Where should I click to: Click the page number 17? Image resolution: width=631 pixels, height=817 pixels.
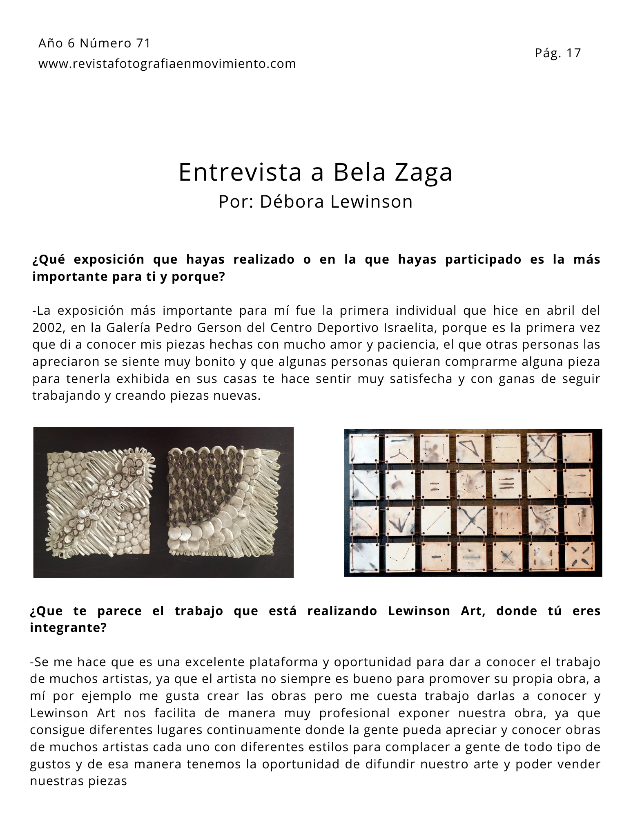[573, 53]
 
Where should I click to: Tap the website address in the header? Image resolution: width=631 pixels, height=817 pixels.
[167, 64]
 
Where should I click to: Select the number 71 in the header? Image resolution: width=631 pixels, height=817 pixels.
[143, 43]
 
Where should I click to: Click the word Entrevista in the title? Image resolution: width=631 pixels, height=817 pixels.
[240, 172]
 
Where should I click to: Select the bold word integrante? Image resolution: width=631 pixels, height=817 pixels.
[68, 628]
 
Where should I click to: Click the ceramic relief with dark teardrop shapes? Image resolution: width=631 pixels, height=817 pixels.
[224, 502]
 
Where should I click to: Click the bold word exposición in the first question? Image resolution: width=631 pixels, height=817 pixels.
[109, 260]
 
